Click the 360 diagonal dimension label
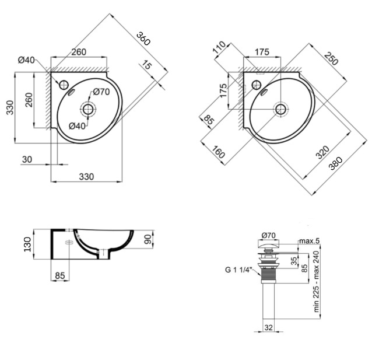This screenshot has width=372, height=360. [x=143, y=39]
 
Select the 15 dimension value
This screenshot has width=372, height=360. [x=146, y=65]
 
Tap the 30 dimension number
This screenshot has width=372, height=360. [x=27, y=159]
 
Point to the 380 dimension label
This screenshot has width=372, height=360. [x=336, y=163]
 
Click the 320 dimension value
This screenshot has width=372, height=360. [x=322, y=152]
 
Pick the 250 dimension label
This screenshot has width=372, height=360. [x=331, y=59]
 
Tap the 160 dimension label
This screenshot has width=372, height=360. [x=218, y=152]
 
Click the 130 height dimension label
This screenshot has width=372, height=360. [x=27, y=244]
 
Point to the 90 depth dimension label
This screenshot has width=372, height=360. [x=148, y=239]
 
